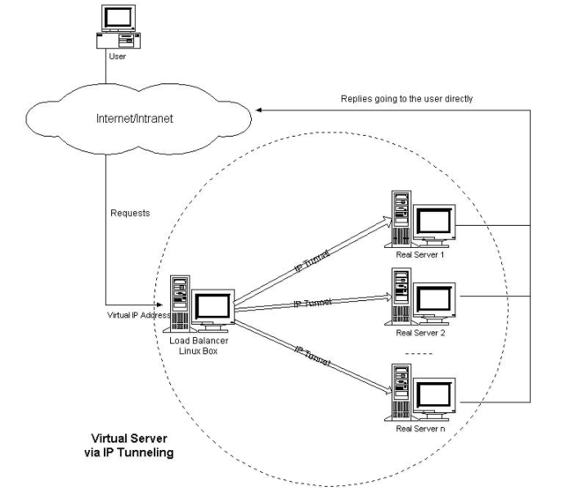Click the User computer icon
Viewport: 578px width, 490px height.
click(x=119, y=26)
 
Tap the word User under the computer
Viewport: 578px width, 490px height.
click(x=118, y=56)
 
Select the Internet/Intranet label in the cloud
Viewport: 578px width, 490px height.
click(x=135, y=119)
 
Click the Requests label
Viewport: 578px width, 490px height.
click(x=130, y=214)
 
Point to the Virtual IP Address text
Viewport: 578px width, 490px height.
click(x=139, y=315)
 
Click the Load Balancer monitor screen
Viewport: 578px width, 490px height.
click(x=213, y=306)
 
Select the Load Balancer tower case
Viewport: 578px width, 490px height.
click(x=180, y=303)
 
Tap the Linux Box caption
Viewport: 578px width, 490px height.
click(x=199, y=351)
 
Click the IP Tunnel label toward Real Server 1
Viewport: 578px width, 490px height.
click(x=311, y=261)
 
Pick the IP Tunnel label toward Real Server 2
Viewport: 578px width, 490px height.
click(x=312, y=303)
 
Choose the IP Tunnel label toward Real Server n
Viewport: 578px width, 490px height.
click(x=312, y=356)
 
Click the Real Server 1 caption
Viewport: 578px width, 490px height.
click(x=420, y=254)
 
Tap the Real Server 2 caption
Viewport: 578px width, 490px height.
click(x=420, y=333)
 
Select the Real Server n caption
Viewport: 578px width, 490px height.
click(x=420, y=429)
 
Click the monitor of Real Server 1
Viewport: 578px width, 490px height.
click(x=434, y=223)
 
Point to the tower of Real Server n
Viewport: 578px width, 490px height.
click(x=401, y=392)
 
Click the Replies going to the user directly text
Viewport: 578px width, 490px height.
click(x=406, y=99)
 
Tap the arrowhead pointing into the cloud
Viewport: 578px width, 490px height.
click(x=259, y=110)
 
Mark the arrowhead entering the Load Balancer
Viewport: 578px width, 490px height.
click(x=159, y=305)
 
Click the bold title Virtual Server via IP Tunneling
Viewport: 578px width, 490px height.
click(x=129, y=445)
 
